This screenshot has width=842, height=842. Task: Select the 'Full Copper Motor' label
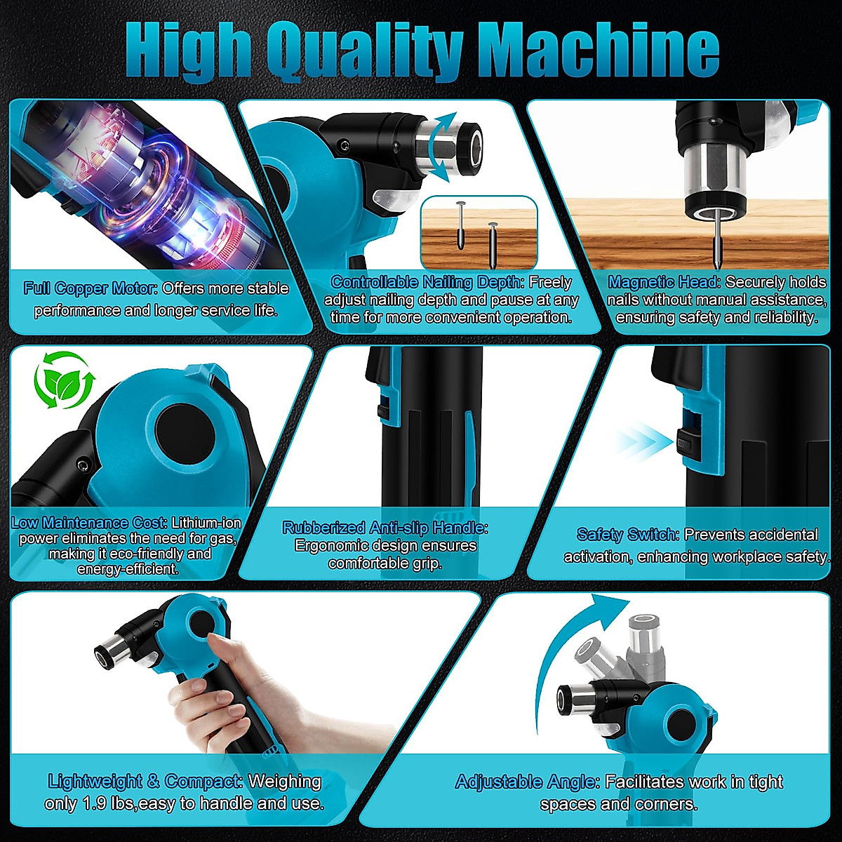[x=91, y=288]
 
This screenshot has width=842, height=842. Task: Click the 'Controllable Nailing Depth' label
[x=427, y=282]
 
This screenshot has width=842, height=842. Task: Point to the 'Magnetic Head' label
[x=664, y=282]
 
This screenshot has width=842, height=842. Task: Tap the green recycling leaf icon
[x=64, y=382]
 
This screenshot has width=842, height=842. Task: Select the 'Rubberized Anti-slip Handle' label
[x=385, y=528]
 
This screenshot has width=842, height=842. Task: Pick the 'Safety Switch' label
[x=627, y=535]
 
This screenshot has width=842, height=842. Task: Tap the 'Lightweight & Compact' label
[x=145, y=781]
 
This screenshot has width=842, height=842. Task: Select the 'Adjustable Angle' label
[x=527, y=782]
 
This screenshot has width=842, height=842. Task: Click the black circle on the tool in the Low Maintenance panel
[x=179, y=429]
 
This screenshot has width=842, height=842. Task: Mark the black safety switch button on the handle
[x=686, y=443]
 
